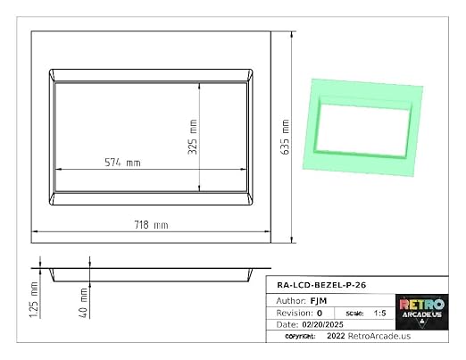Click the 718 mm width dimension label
click(151, 225)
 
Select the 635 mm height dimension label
click(285, 137)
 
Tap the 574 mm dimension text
click(122, 163)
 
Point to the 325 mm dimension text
click(193, 137)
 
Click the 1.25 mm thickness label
click(34, 299)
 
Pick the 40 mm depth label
click(84, 303)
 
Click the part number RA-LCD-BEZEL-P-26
click(321, 285)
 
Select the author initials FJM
click(319, 301)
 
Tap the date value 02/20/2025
click(323, 324)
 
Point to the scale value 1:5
click(380, 314)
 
